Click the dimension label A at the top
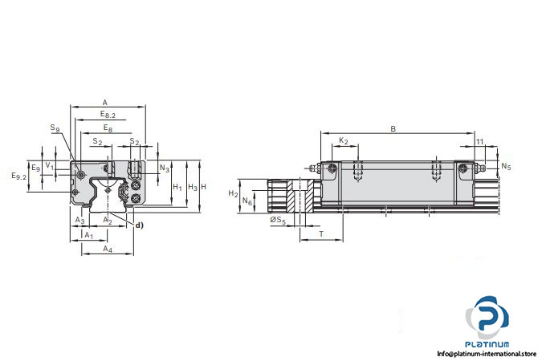point(105,102)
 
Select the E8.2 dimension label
point(108,115)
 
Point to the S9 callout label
point(55,128)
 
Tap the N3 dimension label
point(164,168)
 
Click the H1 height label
point(177,187)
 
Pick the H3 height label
point(193,187)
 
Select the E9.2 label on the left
point(19,176)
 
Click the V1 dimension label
point(50,166)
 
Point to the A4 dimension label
point(108,249)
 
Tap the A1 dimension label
point(89,235)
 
